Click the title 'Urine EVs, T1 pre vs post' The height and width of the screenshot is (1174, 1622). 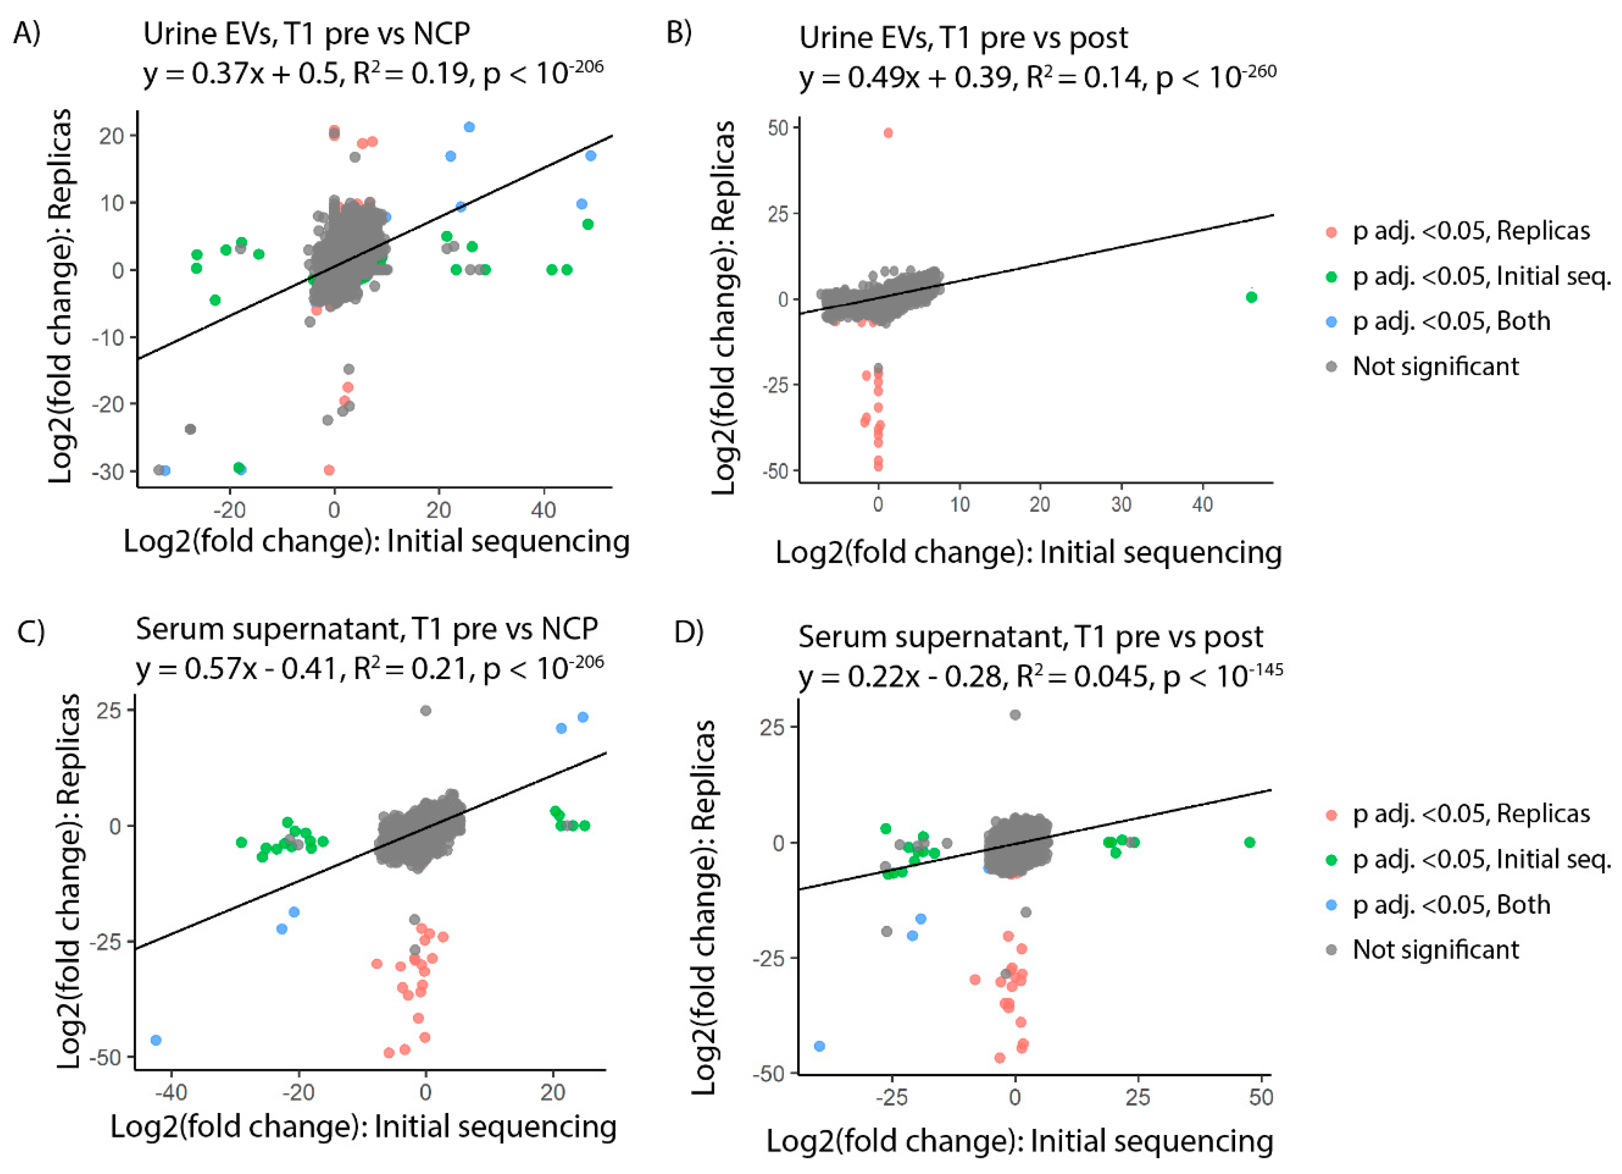coord(963,37)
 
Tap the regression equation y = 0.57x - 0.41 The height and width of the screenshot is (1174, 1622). coord(237,669)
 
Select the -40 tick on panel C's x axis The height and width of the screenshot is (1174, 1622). coord(172,1093)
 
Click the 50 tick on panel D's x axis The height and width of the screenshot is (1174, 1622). coord(1261,1097)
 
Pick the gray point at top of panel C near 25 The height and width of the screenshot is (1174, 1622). coord(425,710)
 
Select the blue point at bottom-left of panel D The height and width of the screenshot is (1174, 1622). coord(820,1046)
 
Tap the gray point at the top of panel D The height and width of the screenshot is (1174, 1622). coord(1015,715)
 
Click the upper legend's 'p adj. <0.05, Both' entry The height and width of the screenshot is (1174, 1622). coord(1451,321)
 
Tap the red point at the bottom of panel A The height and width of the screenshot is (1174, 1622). coord(329,470)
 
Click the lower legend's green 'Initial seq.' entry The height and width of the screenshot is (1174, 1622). coord(1480,859)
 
